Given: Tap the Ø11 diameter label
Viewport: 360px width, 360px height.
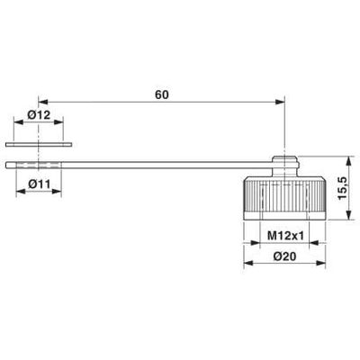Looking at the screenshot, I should click(x=38, y=184).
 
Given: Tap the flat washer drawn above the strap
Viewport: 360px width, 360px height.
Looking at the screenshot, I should click(x=38, y=143).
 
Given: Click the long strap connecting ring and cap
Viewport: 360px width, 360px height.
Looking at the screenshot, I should click(x=162, y=164).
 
